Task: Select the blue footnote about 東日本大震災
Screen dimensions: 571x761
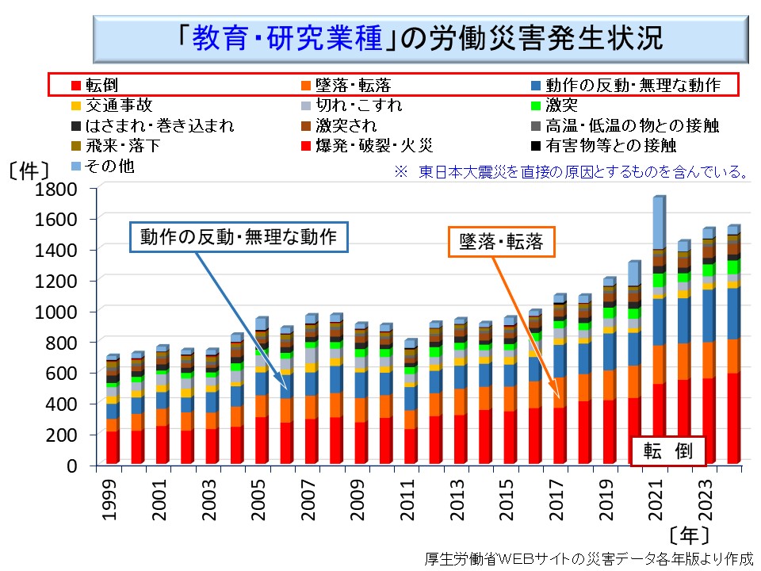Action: [571, 171]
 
